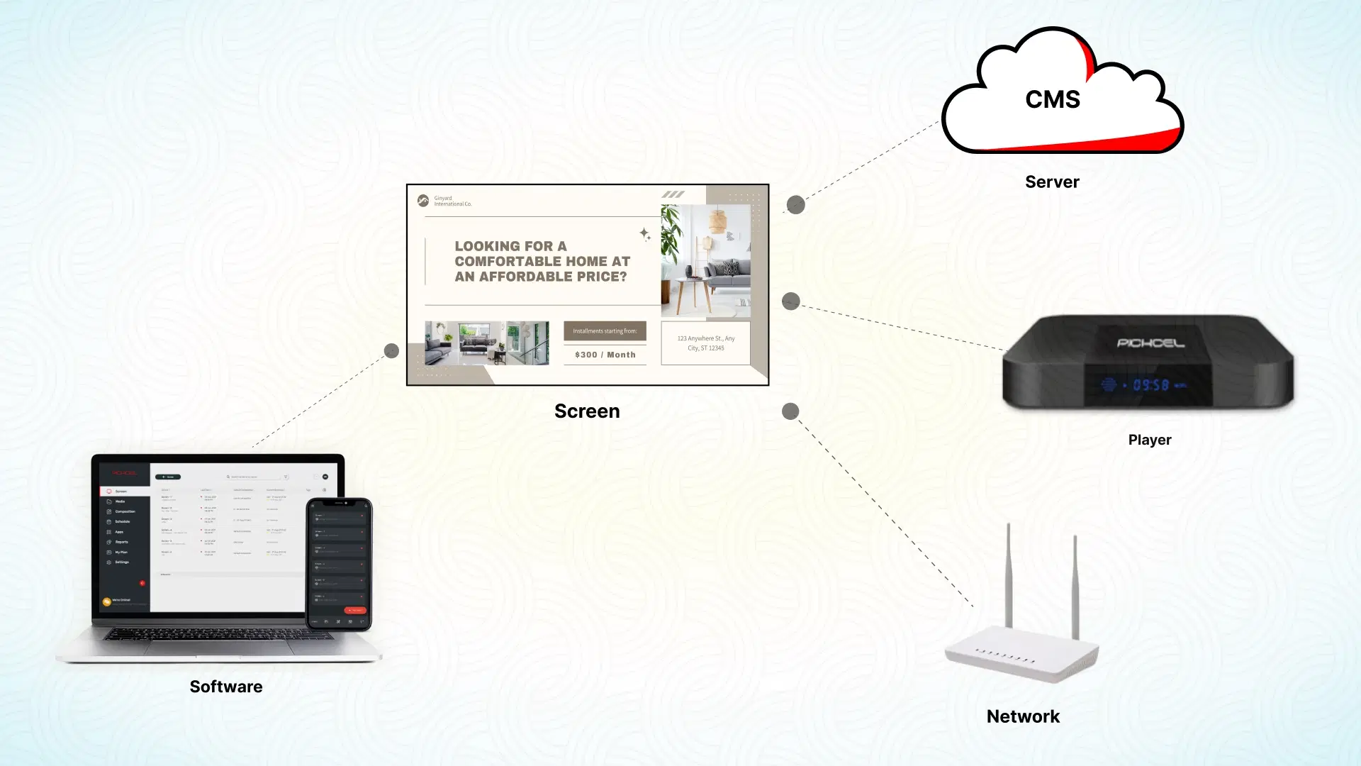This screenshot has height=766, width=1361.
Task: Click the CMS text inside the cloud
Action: click(1053, 99)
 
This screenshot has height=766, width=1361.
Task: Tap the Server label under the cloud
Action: click(1052, 182)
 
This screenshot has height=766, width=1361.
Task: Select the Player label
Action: click(1149, 440)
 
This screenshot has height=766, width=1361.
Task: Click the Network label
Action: click(1023, 716)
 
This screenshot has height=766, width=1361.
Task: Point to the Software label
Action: click(226, 687)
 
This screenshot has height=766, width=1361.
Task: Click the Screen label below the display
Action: click(587, 411)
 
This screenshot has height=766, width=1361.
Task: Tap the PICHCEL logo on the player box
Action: click(1150, 343)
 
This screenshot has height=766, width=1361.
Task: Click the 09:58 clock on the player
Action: click(1150, 385)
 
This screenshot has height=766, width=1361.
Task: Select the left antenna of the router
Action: click(1008, 574)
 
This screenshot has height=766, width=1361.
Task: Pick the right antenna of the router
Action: click(1075, 585)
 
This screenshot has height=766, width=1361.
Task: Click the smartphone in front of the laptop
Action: click(339, 564)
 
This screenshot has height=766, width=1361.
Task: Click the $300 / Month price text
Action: click(605, 355)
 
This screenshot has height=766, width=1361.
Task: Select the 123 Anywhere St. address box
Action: click(705, 343)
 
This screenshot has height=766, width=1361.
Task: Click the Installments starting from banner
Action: click(605, 331)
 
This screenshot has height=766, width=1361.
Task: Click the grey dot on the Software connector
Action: click(391, 351)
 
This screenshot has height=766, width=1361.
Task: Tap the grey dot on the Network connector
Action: click(790, 411)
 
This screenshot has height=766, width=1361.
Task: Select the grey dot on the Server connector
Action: click(796, 205)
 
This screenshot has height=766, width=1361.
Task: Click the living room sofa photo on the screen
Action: click(486, 343)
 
